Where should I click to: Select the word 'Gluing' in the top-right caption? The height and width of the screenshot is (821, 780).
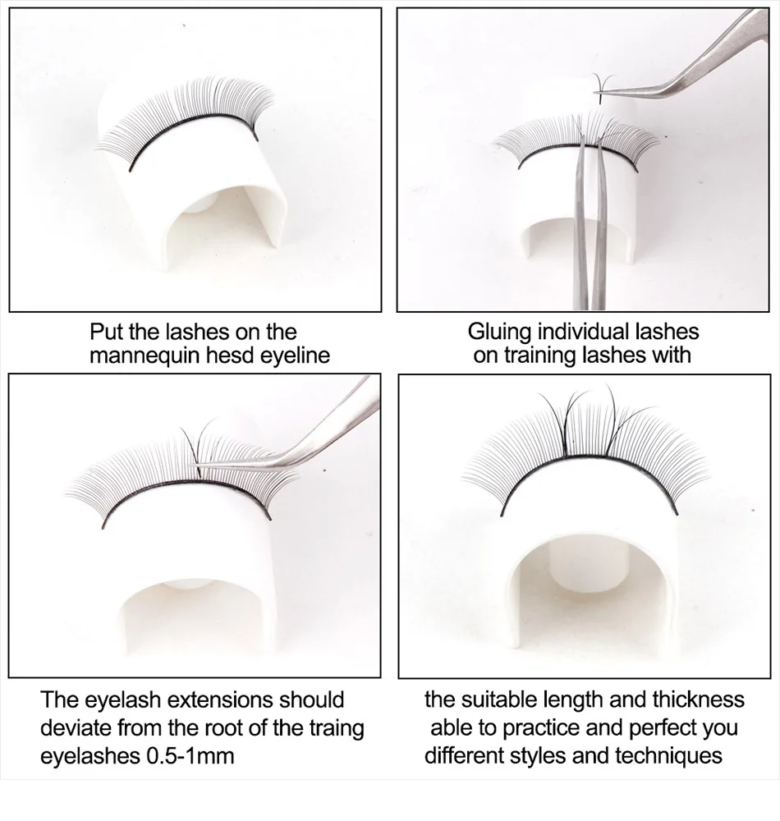[500, 332]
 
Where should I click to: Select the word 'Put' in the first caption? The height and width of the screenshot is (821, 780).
[107, 332]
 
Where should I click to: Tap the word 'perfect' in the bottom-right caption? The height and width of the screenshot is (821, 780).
[666, 727]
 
